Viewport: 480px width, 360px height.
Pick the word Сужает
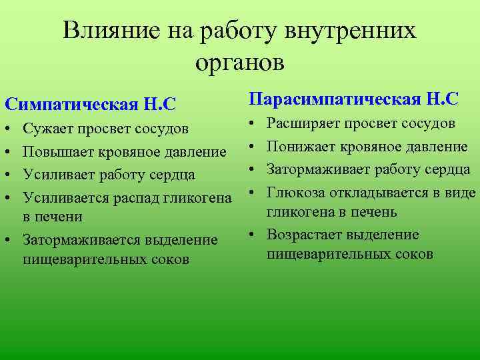[x=48, y=127]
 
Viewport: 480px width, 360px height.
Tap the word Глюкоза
[x=294, y=193]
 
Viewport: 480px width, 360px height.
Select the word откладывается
[x=373, y=193]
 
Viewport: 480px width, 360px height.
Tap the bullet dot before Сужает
[x=7, y=127]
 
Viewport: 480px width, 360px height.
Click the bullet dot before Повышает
[x=7, y=152]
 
